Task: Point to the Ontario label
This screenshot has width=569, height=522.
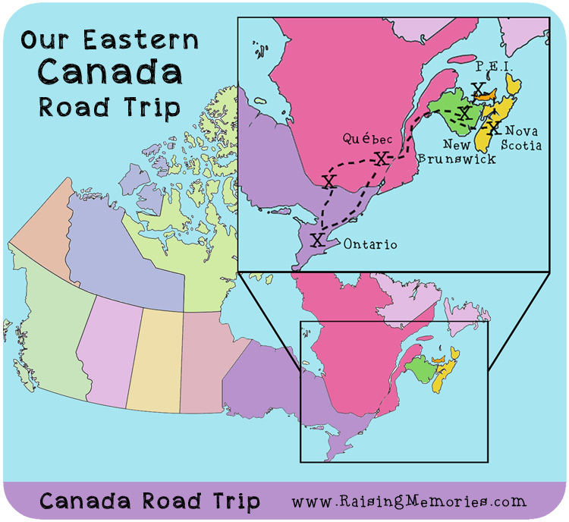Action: click(x=369, y=245)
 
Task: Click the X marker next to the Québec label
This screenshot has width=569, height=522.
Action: click(x=382, y=158)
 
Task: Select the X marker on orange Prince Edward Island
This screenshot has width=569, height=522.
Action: click(x=479, y=90)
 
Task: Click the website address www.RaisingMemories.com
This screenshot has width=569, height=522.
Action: click(x=408, y=501)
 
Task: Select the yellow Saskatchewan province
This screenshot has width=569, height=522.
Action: click(x=154, y=357)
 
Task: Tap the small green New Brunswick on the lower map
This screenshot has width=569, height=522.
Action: click(x=418, y=369)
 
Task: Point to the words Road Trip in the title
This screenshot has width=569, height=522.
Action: click(x=110, y=105)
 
